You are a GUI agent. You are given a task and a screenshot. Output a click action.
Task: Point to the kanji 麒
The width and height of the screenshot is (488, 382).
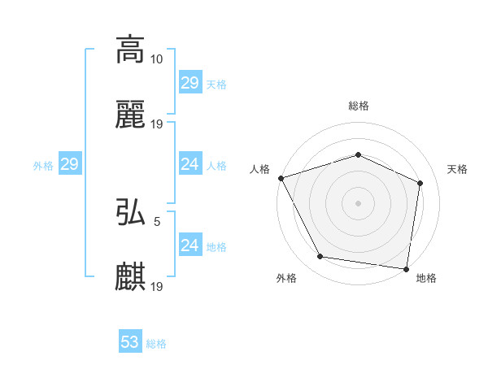click(x=131, y=276)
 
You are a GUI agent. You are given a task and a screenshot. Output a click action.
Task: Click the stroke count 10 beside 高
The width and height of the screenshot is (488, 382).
click(x=157, y=59)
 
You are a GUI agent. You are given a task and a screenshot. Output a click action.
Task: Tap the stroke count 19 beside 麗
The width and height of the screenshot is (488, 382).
click(x=157, y=124)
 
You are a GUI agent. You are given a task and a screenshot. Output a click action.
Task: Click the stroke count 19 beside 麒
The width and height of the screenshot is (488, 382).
click(x=157, y=286)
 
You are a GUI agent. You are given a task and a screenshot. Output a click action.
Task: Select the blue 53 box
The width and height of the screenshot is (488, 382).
click(x=130, y=342)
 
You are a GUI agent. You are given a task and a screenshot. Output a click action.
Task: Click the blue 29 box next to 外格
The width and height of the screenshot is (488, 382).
click(x=70, y=165)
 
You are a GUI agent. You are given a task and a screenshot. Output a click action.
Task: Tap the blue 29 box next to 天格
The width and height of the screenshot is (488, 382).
click(x=190, y=83)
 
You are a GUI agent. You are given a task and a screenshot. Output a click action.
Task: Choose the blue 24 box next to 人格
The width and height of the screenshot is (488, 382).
click(x=190, y=165)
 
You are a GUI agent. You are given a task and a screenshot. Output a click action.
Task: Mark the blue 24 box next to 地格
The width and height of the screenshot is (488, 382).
click(x=190, y=245)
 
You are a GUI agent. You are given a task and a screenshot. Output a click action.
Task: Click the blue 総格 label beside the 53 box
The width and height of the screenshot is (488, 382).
click(x=156, y=344)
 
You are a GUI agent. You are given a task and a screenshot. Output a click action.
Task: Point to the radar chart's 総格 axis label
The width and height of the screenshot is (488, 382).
click(x=359, y=106)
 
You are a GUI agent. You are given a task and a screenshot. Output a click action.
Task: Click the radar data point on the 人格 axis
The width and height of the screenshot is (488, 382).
click(x=281, y=178)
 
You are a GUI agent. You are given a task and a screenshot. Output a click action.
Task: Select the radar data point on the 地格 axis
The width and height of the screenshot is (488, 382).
click(x=407, y=268)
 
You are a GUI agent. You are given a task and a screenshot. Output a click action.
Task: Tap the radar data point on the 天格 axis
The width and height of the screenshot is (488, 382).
click(x=420, y=183)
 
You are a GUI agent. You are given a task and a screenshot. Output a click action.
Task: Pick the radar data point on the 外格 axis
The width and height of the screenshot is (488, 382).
click(x=320, y=257)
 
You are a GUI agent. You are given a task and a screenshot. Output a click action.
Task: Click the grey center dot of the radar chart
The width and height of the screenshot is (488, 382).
click(x=359, y=203)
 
